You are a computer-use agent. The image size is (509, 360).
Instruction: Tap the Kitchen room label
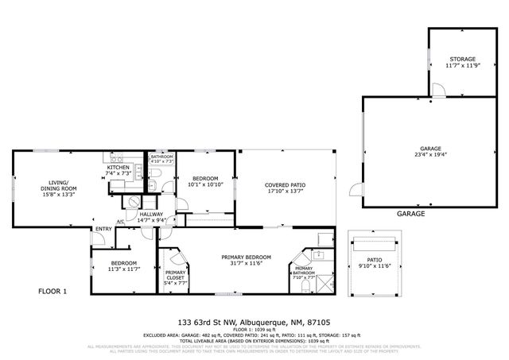pos(119,167)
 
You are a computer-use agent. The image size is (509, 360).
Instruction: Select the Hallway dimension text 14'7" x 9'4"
pos(151,220)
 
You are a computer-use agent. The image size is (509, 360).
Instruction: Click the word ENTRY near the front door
pos(103,230)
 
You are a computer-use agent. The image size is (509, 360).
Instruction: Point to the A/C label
pos(120,221)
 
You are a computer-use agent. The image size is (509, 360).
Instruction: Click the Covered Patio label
pos(285,185)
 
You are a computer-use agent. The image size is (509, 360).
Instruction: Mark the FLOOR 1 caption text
pos(53,292)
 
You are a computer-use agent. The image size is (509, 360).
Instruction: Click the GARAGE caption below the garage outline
pos(410,214)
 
